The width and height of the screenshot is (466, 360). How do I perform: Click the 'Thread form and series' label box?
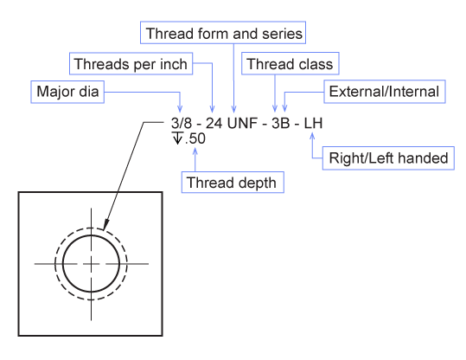pos(223,33)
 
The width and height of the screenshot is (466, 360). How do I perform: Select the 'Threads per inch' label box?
pos(131,64)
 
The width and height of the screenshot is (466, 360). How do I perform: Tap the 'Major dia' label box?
pos(67,92)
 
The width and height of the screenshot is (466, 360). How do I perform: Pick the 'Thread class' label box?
pos(290,63)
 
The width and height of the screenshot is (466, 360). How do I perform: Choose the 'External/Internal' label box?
pos(385,92)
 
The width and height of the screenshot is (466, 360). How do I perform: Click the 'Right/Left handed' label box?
pos(388,158)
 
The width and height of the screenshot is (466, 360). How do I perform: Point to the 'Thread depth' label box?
pos(233,182)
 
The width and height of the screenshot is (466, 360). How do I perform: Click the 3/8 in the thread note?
pos(182,123)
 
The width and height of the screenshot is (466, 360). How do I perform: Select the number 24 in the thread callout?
pos(214,123)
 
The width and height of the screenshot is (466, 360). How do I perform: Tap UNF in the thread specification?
pos(242,123)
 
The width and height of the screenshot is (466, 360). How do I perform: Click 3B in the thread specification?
pos(280,123)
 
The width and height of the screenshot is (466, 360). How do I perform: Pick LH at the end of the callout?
pos(313,123)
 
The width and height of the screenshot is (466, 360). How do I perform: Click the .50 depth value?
pos(195,138)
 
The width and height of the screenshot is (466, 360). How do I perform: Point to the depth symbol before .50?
pos(177,138)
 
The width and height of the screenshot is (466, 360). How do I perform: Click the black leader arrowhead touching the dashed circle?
pos(105,225)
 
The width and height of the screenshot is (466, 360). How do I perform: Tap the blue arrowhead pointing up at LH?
pos(312,136)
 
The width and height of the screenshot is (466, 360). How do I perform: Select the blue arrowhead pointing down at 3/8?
pos(180,108)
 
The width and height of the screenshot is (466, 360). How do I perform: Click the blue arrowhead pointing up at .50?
pos(195,151)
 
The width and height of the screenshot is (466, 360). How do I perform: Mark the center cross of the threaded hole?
pos(91,264)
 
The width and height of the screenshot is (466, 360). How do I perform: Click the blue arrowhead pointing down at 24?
pos(212,108)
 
